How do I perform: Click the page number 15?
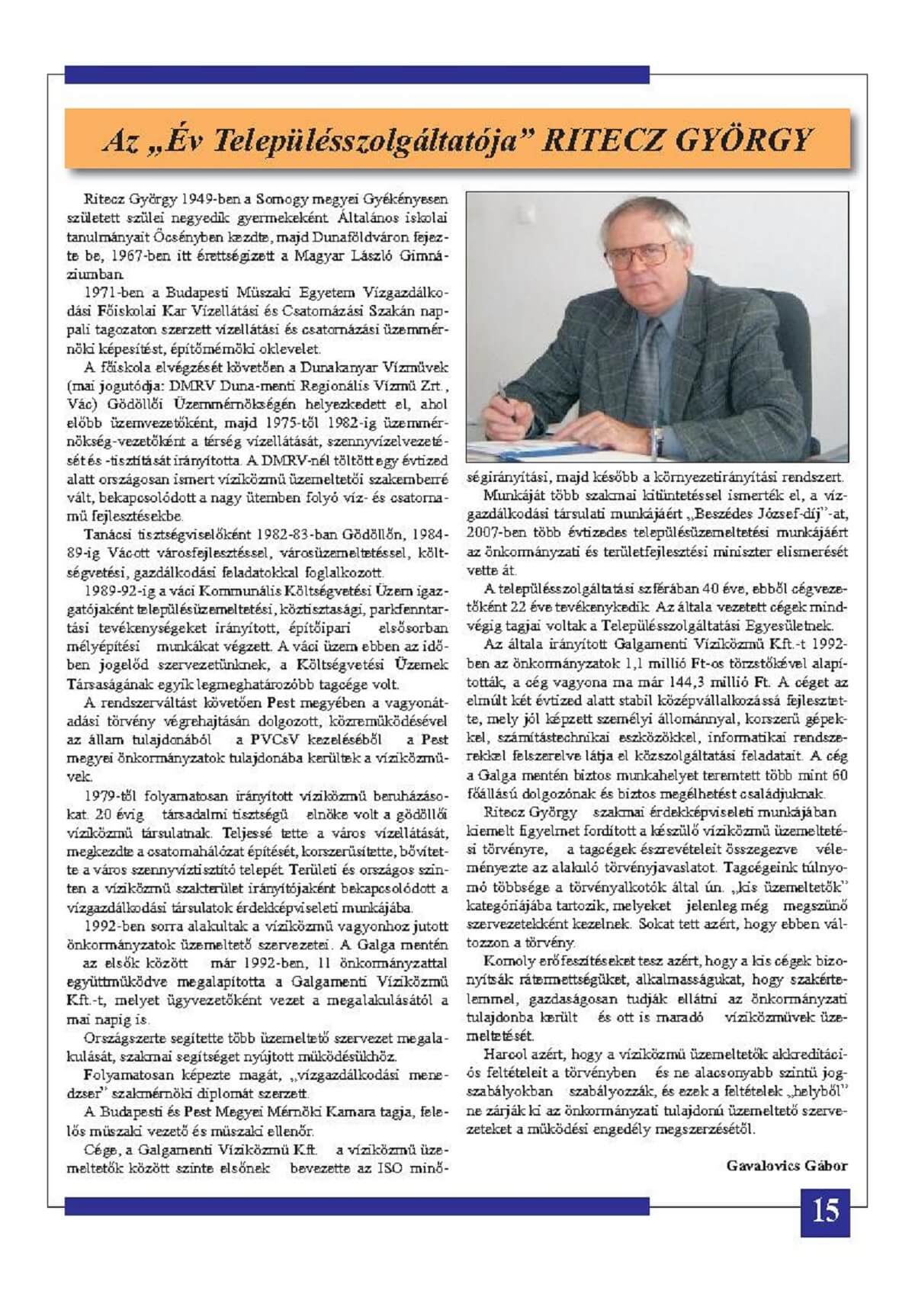[826, 1211]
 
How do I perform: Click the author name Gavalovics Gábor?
[787, 1166]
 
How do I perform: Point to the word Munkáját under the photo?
[509, 495]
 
